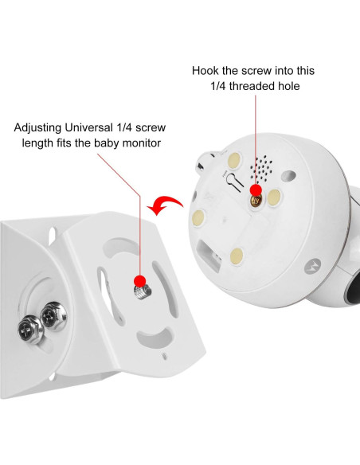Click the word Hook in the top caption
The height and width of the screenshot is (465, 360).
[207, 70]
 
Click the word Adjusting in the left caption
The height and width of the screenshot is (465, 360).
[41, 127]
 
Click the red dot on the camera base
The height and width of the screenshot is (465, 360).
[256, 190]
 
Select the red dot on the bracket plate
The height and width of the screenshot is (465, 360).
[141, 280]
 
